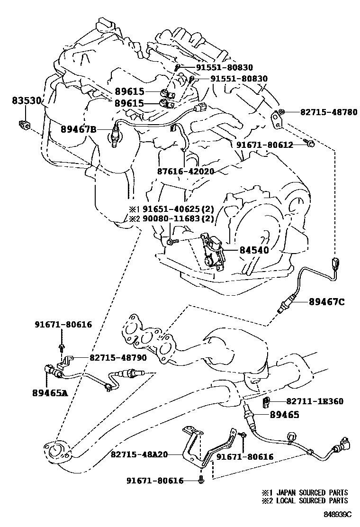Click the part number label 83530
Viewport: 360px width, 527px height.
click(27, 100)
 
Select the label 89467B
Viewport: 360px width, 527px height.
click(78, 129)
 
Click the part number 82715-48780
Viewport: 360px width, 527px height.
click(328, 112)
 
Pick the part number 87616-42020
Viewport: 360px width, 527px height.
click(186, 171)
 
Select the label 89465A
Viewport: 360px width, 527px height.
click(50, 392)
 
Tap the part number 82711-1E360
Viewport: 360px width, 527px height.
click(314, 401)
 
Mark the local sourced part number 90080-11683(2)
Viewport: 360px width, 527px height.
click(175, 219)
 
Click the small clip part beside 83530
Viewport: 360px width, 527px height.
click(24, 125)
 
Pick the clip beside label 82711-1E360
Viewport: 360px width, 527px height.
click(266, 403)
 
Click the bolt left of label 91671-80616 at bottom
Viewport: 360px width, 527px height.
click(202, 481)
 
